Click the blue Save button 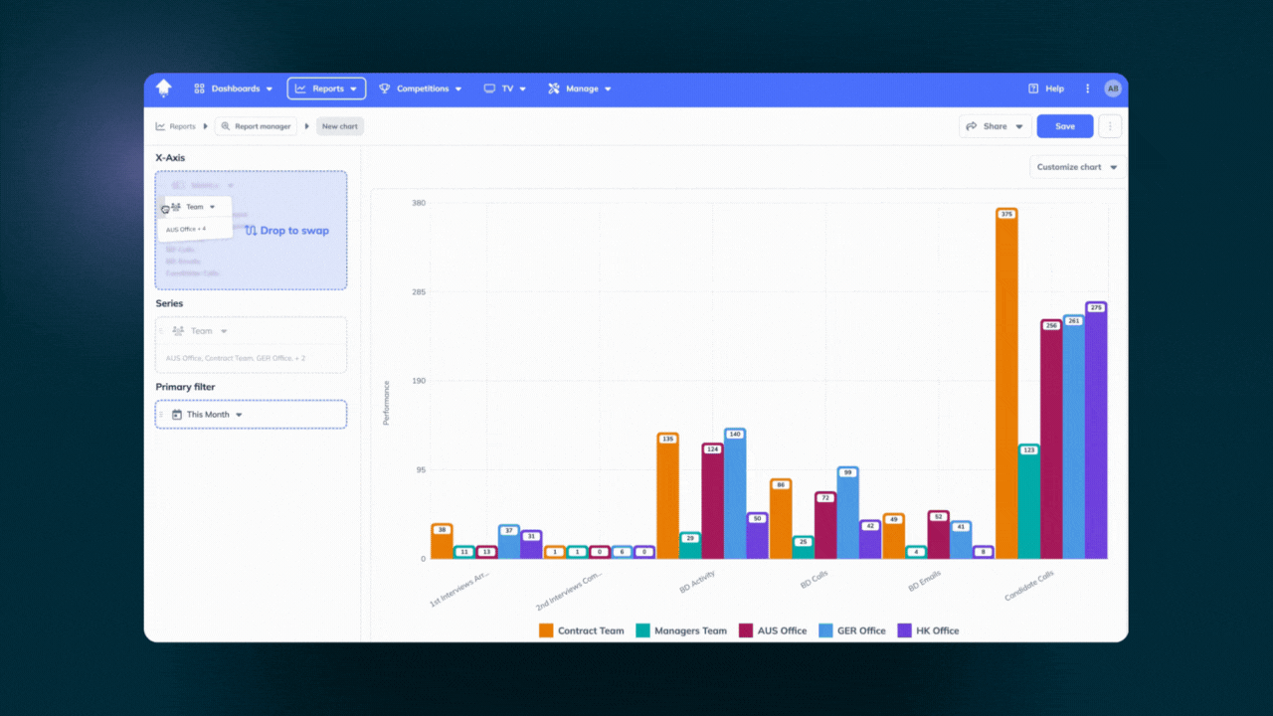pyautogui.click(x=1064, y=126)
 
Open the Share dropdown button pyautogui.click(x=995, y=126)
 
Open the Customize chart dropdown pyautogui.click(x=1077, y=167)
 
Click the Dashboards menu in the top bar pyautogui.click(x=234, y=89)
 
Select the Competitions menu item pyautogui.click(x=421, y=89)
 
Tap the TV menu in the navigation pyautogui.click(x=505, y=89)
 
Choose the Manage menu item pyautogui.click(x=580, y=89)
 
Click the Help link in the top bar pyautogui.click(x=1046, y=89)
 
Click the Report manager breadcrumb pyautogui.click(x=256, y=126)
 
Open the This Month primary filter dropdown pyautogui.click(x=209, y=415)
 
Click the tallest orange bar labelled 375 pyautogui.click(x=1006, y=388)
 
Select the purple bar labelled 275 pyautogui.click(x=1096, y=433)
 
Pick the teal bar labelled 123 pyautogui.click(x=1029, y=502)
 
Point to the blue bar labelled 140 pyautogui.click(x=735, y=494)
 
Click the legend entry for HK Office pyautogui.click(x=929, y=630)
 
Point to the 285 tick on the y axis pyautogui.click(x=419, y=292)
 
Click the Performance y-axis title pyautogui.click(x=387, y=403)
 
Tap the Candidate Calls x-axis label pyautogui.click(x=1029, y=585)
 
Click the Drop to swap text pyautogui.click(x=293, y=231)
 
